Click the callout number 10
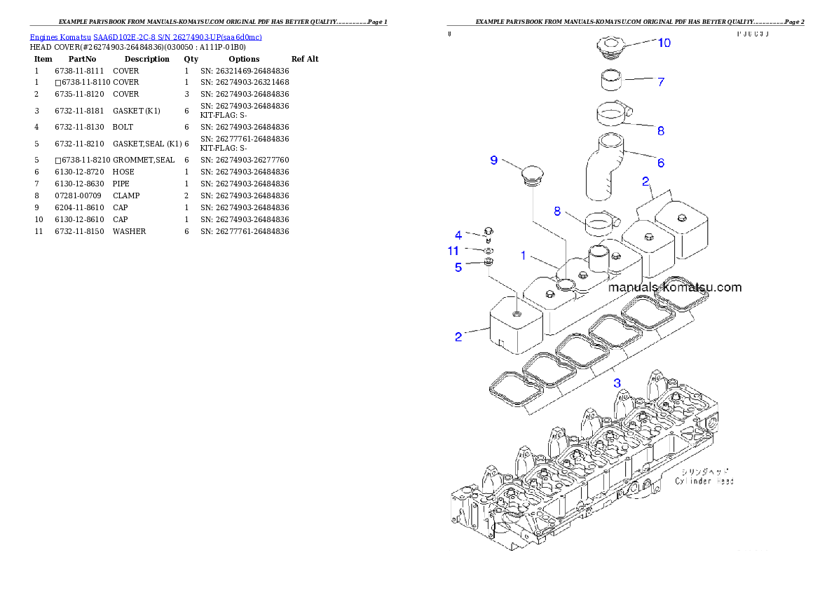tap(663, 43)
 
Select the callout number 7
tap(660, 82)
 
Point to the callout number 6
tap(660, 163)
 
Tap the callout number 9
tap(493, 160)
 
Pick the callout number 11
tap(453, 250)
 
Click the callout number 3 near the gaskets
tap(617, 383)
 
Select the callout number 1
tap(523, 256)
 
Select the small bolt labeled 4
tap(488, 233)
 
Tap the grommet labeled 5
tap(489, 263)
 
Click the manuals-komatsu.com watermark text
tap(674, 287)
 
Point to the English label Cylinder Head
tap(704, 481)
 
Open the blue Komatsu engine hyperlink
tap(146, 37)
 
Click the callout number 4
tap(458, 235)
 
